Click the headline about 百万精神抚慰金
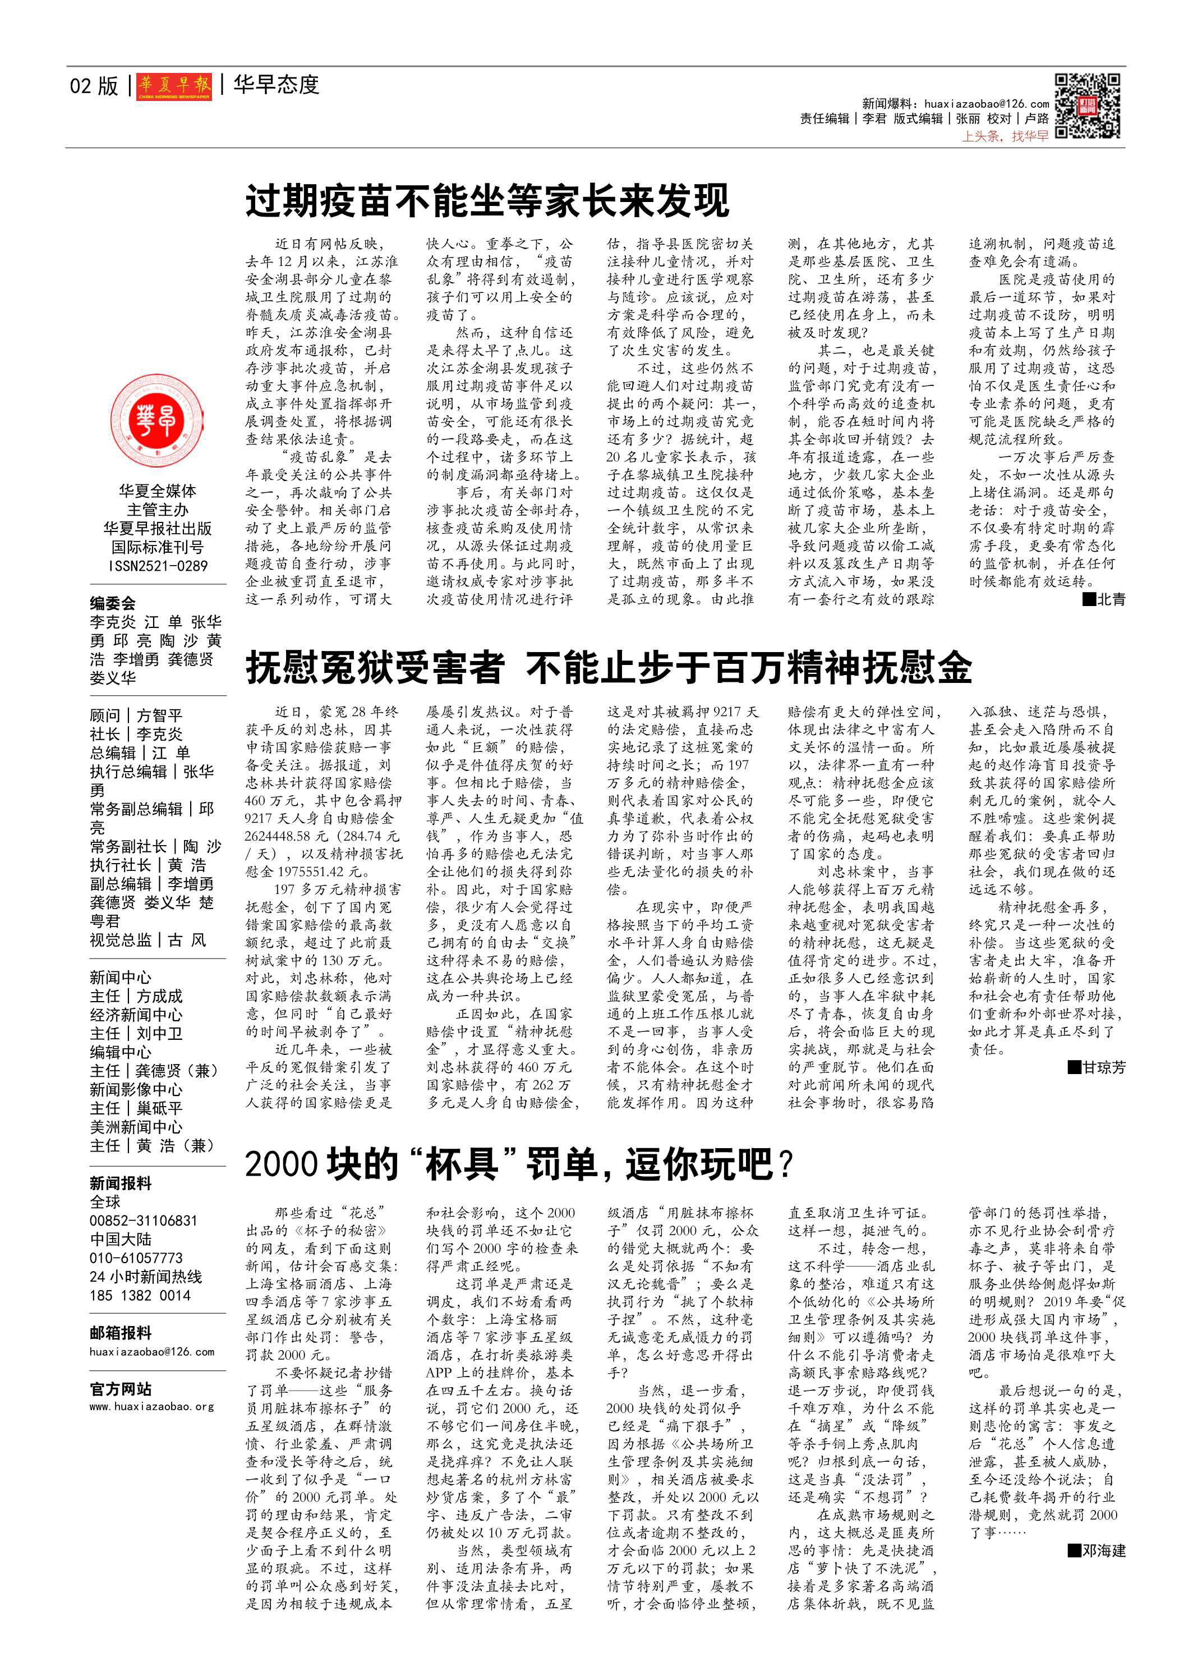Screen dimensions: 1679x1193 click(x=608, y=668)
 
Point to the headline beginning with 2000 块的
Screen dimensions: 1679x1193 click(x=519, y=1164)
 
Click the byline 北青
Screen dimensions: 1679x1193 click(x=1104, y=599)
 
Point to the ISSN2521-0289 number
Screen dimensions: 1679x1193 click(x=158, y=566)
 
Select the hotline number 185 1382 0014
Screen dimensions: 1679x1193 click(x=140, y=1295)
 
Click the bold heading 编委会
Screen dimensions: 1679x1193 click(x=112, y=603)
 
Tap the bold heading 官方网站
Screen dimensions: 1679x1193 click(x=121, y=1389)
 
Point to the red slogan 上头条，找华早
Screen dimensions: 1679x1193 click(x=1005, y=137)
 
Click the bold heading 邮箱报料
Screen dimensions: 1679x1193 click(x=121, y=1333)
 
